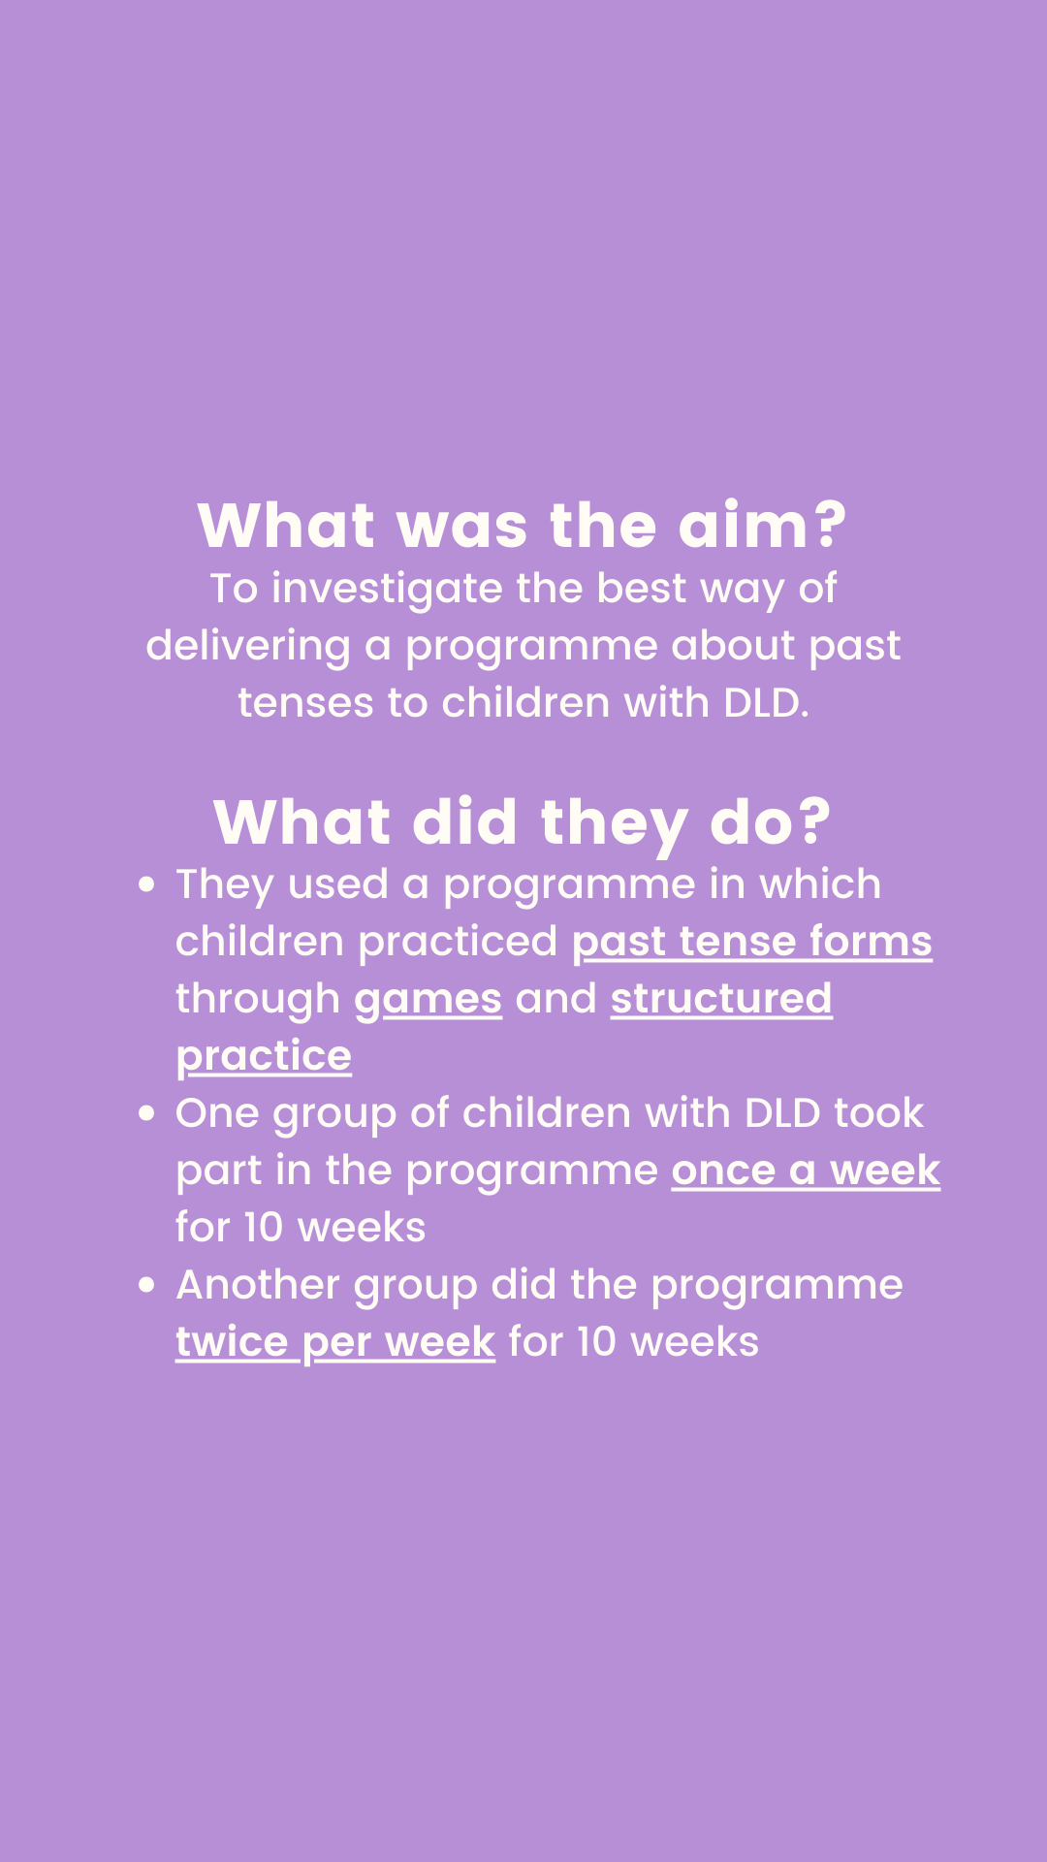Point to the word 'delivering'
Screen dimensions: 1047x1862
click(x=248, y=647)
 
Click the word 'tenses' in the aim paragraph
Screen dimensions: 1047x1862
click(x=305, y=703)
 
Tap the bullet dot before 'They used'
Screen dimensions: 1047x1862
click(x=147, y=884)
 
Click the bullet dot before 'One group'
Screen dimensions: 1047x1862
click(x=147, y=1113)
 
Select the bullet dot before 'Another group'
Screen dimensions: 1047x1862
click(x=147, y=1285)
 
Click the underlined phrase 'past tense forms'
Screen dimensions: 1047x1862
click(x=752, y=943)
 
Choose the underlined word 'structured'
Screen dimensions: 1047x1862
click(x=721, y=999)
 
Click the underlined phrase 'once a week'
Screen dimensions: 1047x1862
click(x=806, y=1171)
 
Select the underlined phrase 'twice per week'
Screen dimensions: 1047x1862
click(x=335, y=1343)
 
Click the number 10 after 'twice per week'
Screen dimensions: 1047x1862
click(x=596, y=1343)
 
